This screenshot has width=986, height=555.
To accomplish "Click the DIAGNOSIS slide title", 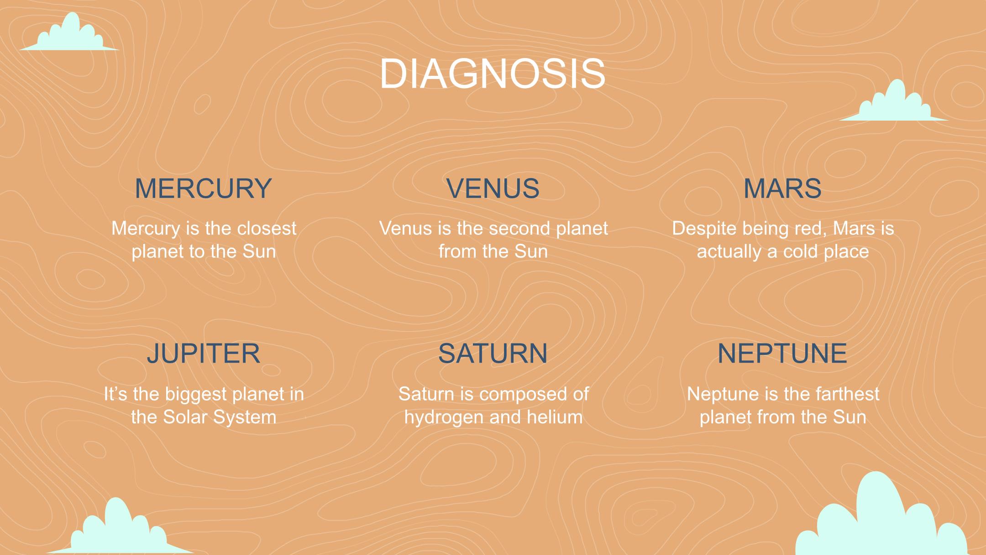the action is pos(493,74).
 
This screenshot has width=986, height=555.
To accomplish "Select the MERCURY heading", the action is pos(204,188).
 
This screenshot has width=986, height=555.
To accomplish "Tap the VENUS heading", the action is pos(493,188).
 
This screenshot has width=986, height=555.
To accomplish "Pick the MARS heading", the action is pos(782,188).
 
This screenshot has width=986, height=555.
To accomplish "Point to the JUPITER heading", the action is pos(204,353).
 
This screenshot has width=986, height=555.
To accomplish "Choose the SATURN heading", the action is pos(493,353).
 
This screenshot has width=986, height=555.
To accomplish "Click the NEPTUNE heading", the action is pos(782,353).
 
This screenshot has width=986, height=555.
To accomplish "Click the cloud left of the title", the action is pos(69,34).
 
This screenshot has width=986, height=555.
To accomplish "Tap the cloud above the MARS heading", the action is pos(893,103).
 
